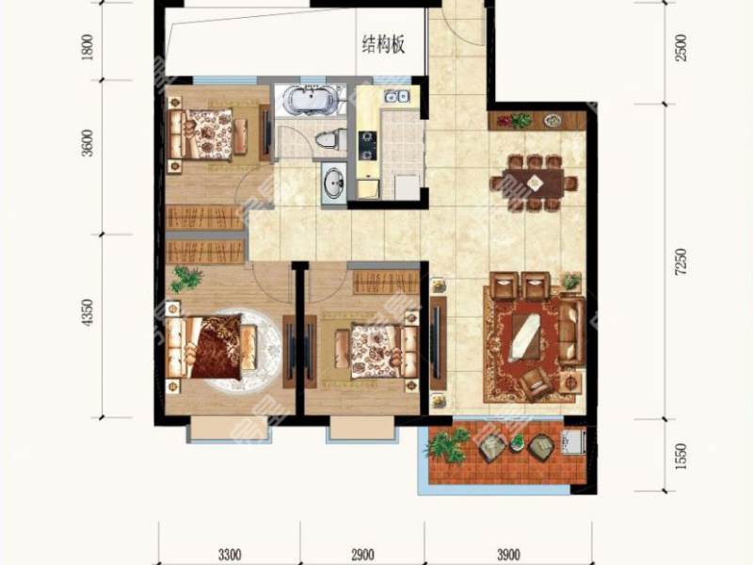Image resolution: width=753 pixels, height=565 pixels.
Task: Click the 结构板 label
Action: pyautogui.click(x=384, y=44)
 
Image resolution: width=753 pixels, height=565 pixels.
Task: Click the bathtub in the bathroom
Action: pyautogui.click(x=308, y=100)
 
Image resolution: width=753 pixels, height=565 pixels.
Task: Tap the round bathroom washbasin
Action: pyautogui.click(x=332, y=183)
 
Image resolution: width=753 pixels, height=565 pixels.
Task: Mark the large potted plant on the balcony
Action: pyautogui.click(x=449, y=444)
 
